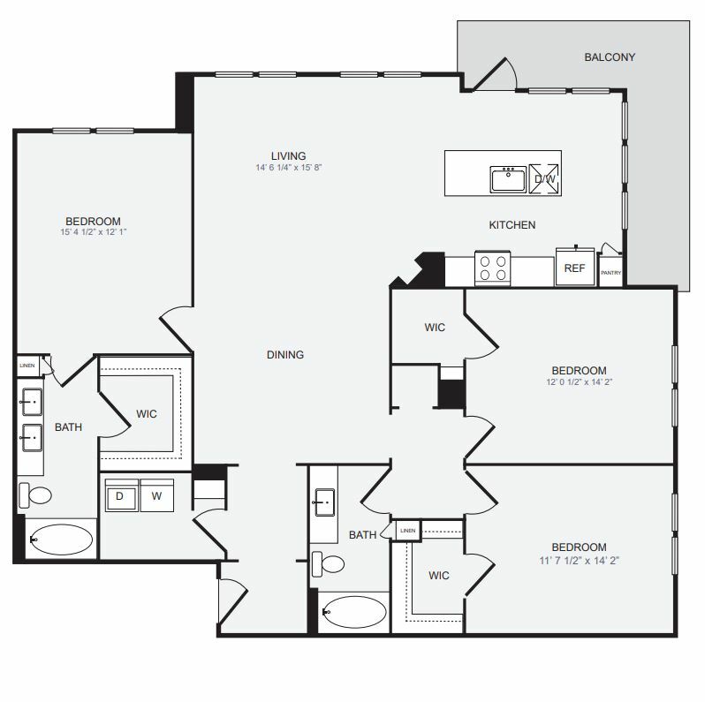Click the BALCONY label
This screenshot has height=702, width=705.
point(610,57)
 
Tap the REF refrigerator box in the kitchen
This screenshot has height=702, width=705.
point(574,268)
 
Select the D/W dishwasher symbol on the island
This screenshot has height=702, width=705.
point(543,179)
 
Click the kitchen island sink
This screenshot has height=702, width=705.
point(508,178)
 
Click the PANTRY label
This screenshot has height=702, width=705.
point(611,273)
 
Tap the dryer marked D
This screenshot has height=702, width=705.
point(120,496)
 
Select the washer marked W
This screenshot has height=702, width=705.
point(155,496)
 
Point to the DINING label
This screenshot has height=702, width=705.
point(285,355)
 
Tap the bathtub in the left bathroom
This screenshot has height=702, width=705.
point(59,539)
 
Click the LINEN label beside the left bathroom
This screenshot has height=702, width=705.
point(27,364)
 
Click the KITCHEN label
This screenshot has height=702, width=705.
point(512,225)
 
